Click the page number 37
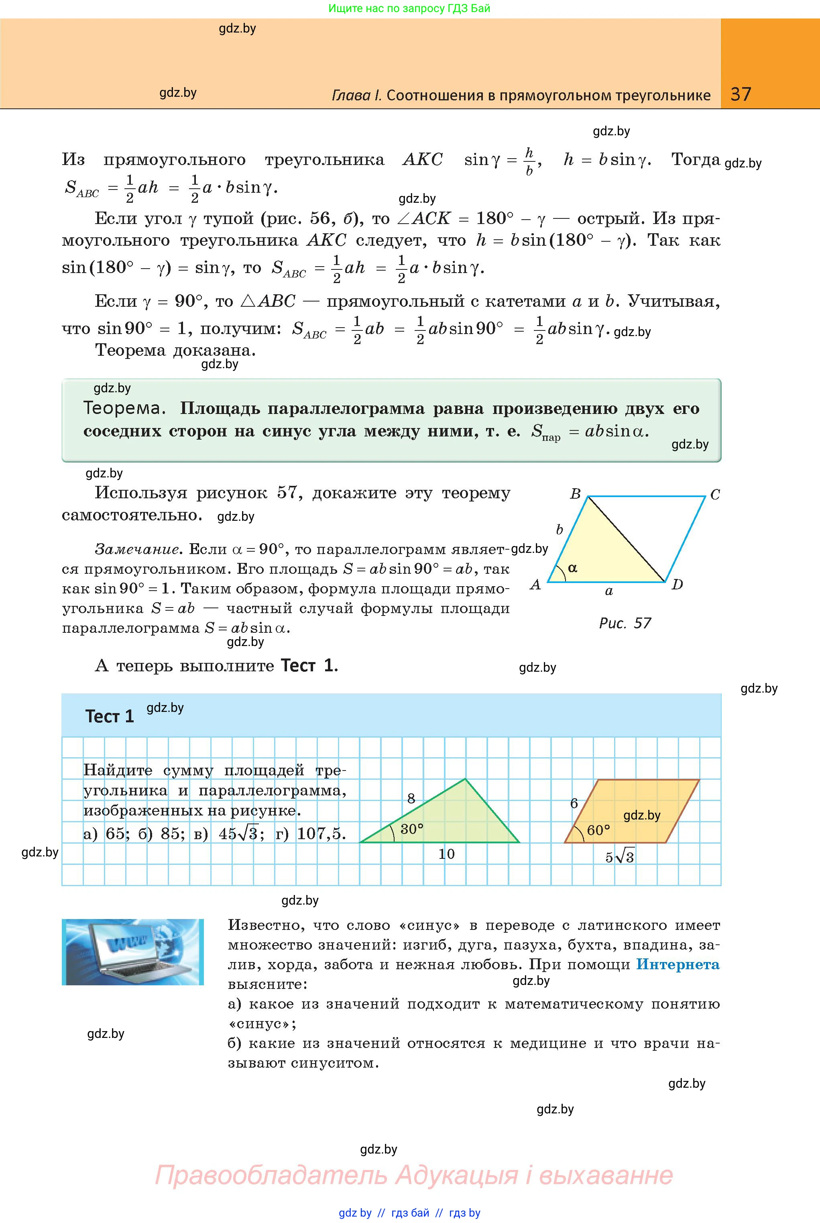741,94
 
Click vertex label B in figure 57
575,493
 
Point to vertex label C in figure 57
715,494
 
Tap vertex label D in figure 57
677,584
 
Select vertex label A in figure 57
535,584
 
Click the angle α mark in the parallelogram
572,568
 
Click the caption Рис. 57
625,623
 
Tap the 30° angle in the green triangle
411,829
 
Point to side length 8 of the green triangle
411,798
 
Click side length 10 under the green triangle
446,854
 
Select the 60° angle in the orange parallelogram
598,830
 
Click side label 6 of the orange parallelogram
574,803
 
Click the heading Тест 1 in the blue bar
109,716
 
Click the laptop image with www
132,952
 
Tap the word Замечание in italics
137,549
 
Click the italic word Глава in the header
356,95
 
